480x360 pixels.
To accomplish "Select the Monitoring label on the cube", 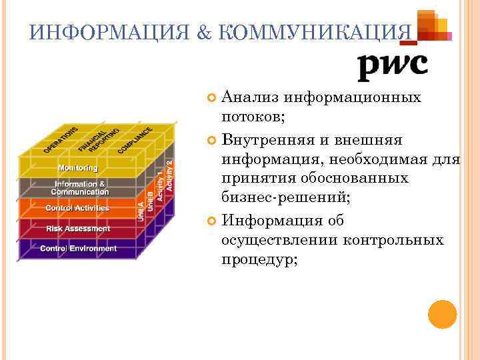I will pos(77,168).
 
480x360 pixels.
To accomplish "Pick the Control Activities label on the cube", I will pos(77,209).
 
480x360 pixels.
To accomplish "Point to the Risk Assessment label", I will pos(78,229).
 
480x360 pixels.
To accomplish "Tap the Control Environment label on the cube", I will pos(78,249).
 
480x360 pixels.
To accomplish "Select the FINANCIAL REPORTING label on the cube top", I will pos(99,139).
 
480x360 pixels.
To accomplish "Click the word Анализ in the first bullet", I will pos(251,98).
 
